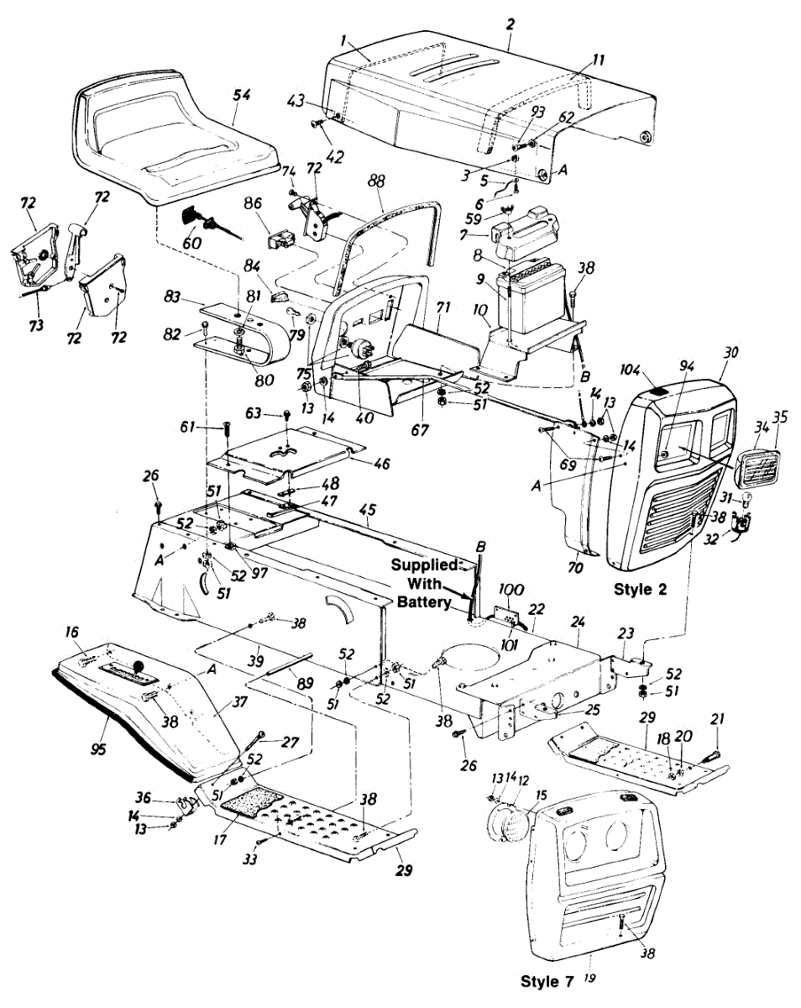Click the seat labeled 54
176,139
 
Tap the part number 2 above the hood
510,24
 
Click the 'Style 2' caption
639,589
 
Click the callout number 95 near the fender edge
99,725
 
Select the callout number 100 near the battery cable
511,591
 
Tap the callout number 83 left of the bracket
172,297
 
